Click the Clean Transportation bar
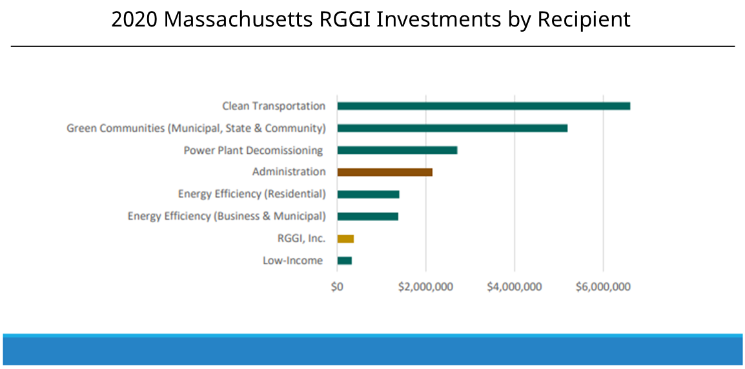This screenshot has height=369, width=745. tap(484, 106)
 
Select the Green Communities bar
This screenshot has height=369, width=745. tap(452, 128)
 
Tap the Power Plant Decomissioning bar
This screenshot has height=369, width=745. tap(397, 150)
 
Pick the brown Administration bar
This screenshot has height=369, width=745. tap(385, 172)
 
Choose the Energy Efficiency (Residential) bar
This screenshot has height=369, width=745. tap(368, 195)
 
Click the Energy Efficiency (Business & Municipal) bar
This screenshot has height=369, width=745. tap(367, 216)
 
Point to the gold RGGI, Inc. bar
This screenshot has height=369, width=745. tap(345, 238)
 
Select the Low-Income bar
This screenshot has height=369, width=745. tap(344, 260)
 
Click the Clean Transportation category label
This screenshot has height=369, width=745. tap(274, 106)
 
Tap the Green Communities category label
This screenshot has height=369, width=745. tap(196, 128)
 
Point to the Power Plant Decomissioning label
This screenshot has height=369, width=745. tap(253, 151)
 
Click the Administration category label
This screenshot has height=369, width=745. tap(289, 172)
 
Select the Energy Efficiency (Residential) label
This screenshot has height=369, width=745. tap(252, 194)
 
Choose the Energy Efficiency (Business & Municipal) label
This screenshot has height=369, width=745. tap(227, 216)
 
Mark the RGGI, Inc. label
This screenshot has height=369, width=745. tap(301, 238)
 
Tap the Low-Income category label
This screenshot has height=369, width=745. tap(292, 260)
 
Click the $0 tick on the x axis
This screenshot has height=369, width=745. tap(337, 287)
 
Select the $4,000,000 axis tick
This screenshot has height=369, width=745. tap(514, 287)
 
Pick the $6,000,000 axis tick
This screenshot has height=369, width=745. tap(603, 287)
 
